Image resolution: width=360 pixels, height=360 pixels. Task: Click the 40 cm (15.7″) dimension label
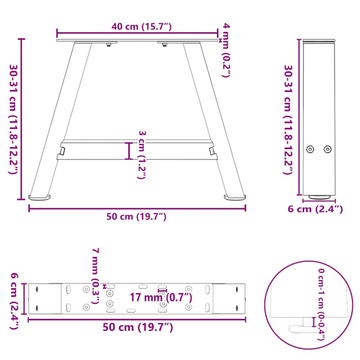tap(142, 27)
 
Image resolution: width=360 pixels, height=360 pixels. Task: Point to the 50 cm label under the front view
tap(137, 216)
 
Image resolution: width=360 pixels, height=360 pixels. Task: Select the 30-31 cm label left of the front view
tap(13, 119)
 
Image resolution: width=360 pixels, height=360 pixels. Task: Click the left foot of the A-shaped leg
tap(40, 197)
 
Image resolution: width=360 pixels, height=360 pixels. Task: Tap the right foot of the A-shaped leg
tap(235, 197)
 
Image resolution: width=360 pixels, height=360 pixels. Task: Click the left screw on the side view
tap(310, 149)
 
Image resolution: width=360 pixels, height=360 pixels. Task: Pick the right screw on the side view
tap(328, 149)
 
